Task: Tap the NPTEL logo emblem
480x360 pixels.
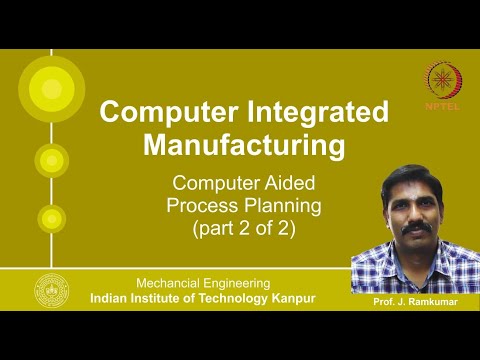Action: pos(443,81)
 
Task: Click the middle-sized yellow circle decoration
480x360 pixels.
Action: pos(50,159)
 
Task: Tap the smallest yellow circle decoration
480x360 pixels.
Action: pos(50,217)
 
